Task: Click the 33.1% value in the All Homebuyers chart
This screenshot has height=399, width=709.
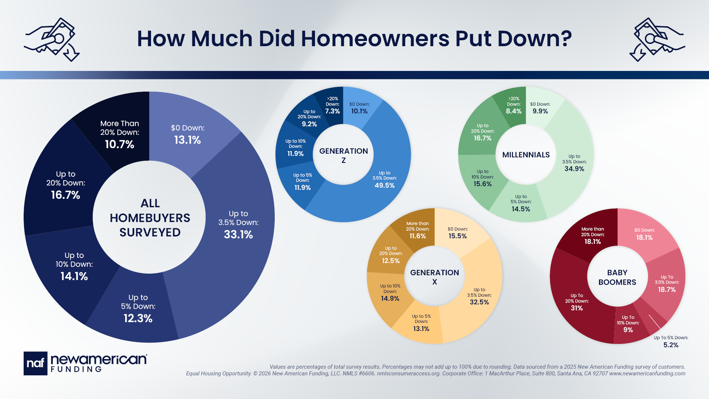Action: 238,235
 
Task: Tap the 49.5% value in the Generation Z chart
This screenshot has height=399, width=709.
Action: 384,185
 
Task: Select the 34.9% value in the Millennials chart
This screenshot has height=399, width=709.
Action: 574,169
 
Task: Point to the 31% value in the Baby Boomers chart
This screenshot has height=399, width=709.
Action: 576,308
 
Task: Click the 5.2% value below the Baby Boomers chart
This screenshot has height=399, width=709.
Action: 671,345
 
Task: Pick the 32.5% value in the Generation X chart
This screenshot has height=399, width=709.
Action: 479,302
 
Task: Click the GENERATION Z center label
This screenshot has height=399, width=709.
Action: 343,156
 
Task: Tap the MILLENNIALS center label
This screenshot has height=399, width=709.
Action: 526,155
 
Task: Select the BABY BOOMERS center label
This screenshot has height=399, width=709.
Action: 617,277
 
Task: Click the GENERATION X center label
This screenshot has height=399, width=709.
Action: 434,277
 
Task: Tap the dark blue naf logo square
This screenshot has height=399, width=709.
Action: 35,363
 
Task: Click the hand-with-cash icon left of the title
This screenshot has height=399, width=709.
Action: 52,39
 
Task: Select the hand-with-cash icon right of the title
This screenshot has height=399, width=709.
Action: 657,39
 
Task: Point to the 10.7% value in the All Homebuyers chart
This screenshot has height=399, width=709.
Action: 119,144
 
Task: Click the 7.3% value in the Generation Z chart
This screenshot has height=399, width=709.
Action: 332,111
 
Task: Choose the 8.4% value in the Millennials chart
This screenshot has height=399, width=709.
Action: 514,111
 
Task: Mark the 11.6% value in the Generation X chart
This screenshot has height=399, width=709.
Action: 417,236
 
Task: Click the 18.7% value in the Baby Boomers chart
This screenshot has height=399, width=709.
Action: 667,290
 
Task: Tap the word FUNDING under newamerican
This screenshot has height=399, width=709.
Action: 76,369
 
